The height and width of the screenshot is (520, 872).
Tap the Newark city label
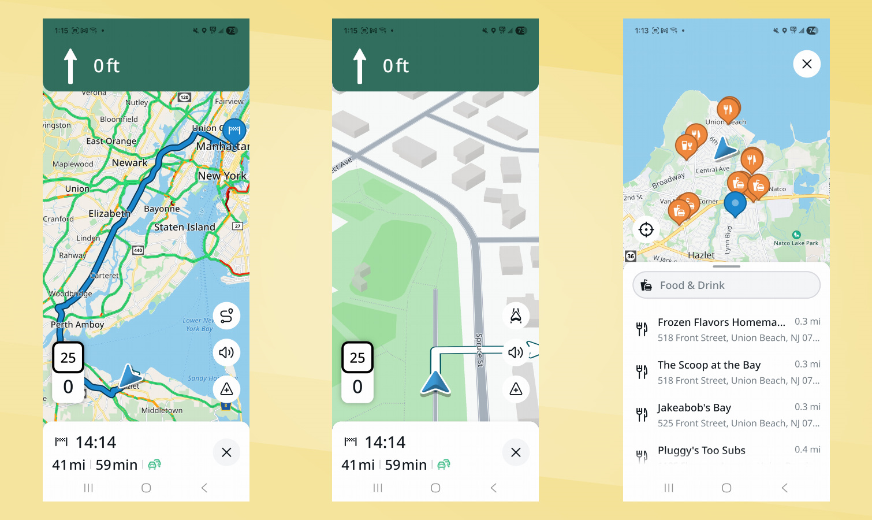tap(129, 163)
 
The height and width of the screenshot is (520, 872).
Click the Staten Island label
tap(184, 227)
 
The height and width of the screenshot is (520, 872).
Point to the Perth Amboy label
tap(77, 325)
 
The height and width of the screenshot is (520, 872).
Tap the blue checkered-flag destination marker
tap(234, 130)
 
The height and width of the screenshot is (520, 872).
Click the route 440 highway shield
tap(138, 250)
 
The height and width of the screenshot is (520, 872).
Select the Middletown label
tap(162, 410)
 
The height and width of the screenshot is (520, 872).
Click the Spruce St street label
tap(479, 350)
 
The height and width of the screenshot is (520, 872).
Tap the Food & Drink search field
tap(726, 285)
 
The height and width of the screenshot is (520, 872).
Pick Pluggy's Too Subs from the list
tap(701, 451)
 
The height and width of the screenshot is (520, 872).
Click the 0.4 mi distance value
tap(807, 450)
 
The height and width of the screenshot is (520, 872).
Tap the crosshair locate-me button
tap(646, 229)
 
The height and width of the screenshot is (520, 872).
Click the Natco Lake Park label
tap(796, 243)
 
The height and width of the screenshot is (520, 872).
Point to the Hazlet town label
tap(701, 255)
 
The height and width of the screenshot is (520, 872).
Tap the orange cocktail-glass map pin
tap(686, 146)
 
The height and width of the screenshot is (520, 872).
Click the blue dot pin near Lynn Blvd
tap(735, 204)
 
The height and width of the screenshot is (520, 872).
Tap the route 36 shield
tap(631, 256)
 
